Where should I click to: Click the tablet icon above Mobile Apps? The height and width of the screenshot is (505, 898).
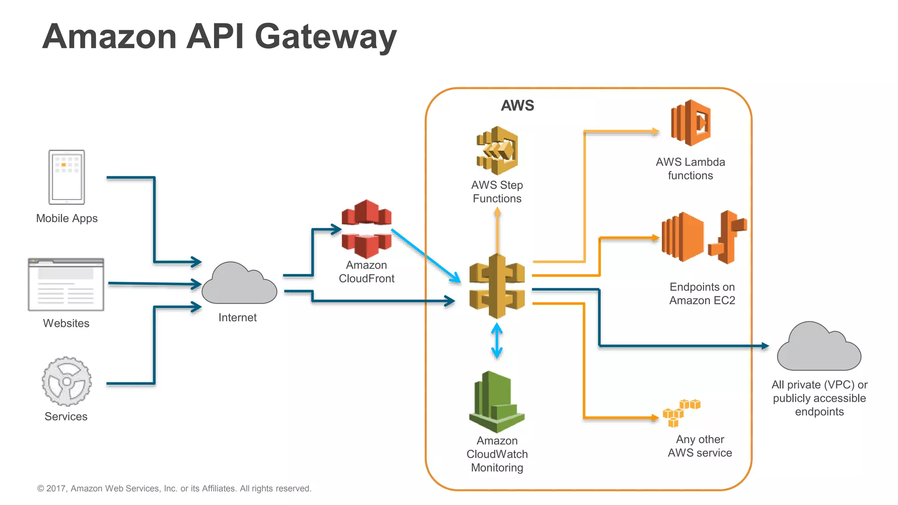point(67,177)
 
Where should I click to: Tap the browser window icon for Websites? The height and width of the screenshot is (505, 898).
point(66,285)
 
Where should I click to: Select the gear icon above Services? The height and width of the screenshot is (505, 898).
point(67,381)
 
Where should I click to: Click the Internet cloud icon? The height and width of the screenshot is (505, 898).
point(239,285)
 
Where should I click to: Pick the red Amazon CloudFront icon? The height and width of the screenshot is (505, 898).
point(367,229)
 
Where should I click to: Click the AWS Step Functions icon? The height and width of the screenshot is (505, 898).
point(497,150)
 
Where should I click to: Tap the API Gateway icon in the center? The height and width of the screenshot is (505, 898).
point(497,286)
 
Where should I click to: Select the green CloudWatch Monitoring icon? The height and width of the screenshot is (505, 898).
point(497,402)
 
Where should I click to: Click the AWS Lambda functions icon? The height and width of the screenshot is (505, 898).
point(691,123)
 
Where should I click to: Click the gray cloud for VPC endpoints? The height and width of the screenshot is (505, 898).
point(819,348)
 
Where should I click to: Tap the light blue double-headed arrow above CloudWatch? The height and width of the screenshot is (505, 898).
point(497,341)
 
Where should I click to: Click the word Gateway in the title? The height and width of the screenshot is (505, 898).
point(325,36)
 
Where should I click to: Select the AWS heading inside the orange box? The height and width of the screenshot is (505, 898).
point(517,106)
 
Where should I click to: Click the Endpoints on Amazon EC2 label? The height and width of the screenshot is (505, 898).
point(702,294)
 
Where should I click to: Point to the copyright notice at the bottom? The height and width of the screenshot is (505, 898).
point(174,488)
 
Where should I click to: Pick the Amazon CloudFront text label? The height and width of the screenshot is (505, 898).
point(367,272)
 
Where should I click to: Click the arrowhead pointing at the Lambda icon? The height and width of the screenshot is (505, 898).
point(656,131)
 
